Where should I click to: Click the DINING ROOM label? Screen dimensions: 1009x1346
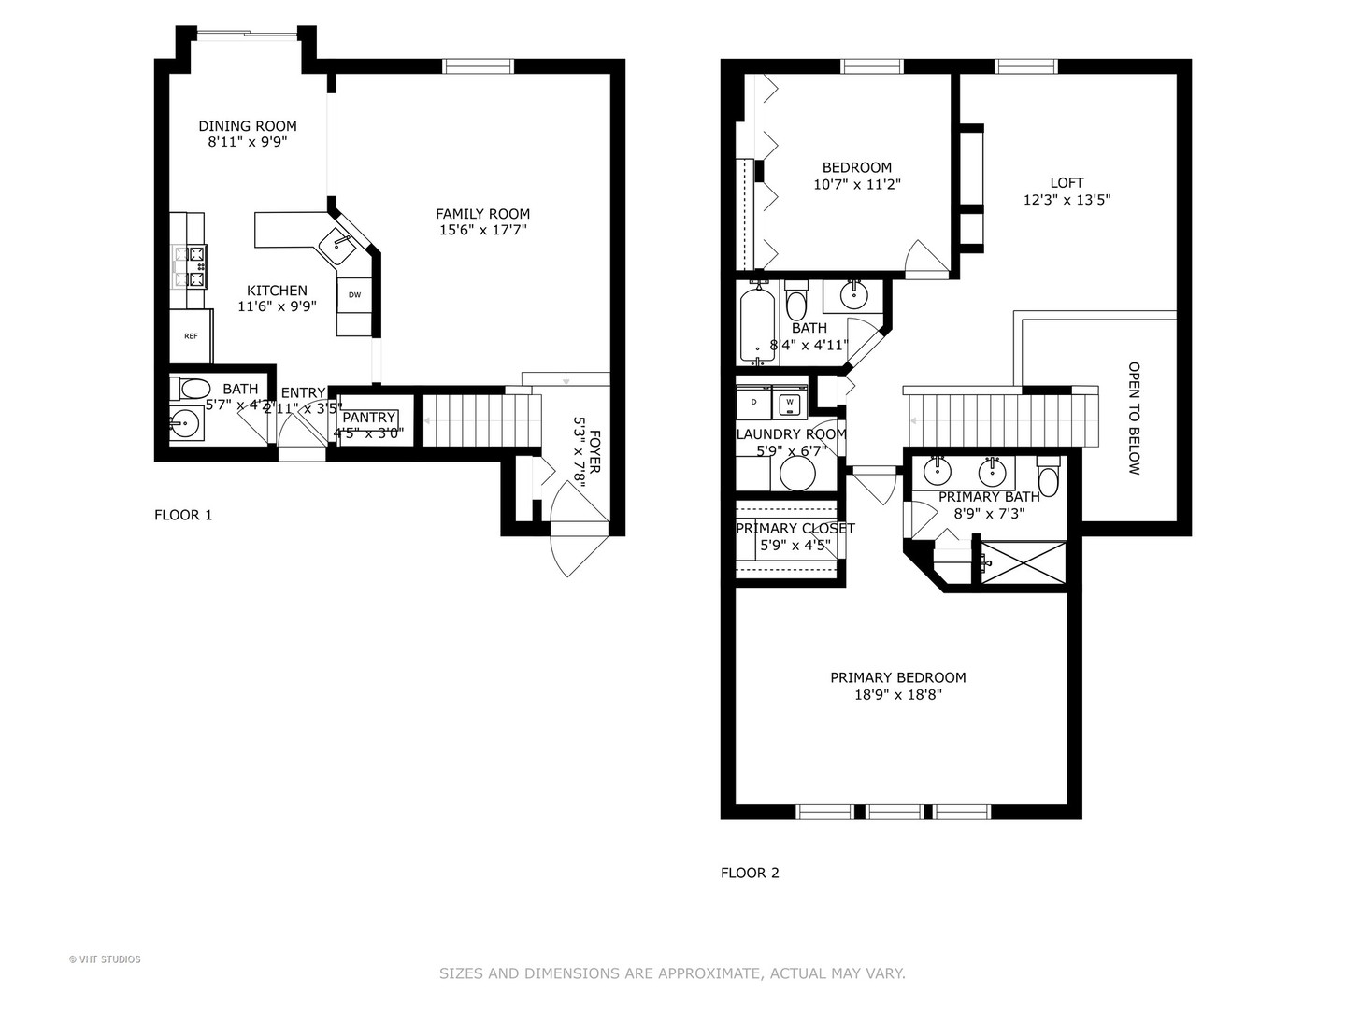248,126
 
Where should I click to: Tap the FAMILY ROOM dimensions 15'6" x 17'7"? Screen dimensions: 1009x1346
482,230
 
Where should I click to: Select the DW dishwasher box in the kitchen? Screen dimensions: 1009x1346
354,295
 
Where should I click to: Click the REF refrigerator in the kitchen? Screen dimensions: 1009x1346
191,336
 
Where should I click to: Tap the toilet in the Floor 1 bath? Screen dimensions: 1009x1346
193,389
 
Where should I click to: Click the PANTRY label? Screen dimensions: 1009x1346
368,418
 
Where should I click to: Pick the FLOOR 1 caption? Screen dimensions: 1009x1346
183,515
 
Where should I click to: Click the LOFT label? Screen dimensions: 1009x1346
1067,183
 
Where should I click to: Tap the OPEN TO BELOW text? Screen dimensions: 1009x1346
1134,419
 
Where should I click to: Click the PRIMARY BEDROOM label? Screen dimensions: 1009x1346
898,677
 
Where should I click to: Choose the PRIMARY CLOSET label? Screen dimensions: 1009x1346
795,528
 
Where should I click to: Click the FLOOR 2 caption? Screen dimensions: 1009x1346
750,874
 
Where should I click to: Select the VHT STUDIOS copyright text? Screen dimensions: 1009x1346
105,959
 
